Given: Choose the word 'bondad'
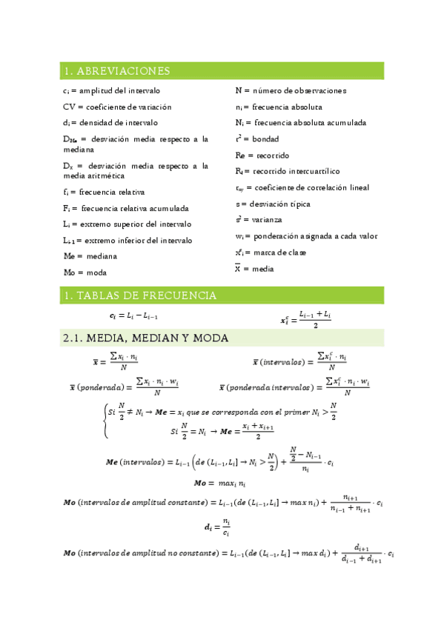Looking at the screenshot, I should tap(265, 138).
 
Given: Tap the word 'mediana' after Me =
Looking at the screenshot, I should tap(101, 256).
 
